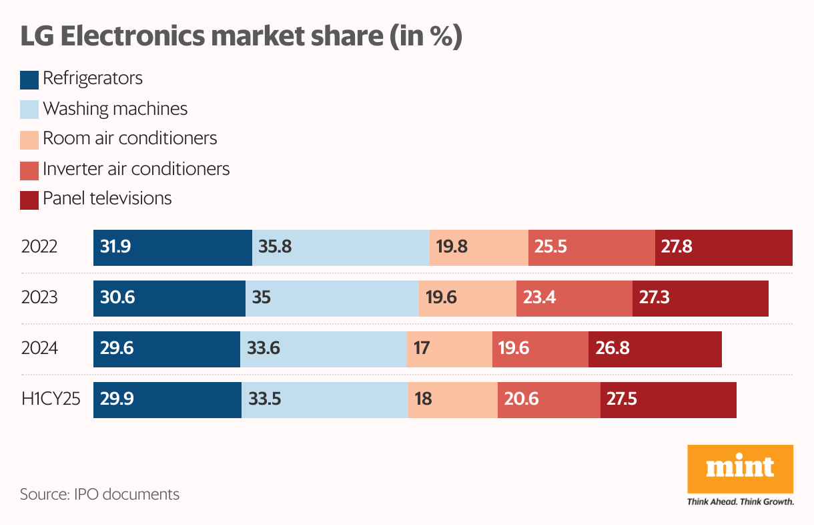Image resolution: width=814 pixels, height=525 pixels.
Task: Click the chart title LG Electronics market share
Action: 241,37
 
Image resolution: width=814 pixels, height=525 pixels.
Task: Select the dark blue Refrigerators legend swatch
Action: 29,79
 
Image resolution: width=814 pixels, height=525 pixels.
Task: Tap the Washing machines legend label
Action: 115,108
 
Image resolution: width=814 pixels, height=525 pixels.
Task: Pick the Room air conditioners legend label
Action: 129,138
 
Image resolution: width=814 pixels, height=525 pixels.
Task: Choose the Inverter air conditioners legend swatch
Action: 29,170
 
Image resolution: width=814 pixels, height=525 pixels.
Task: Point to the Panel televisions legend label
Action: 107,198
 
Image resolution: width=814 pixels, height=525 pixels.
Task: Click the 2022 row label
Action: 39,247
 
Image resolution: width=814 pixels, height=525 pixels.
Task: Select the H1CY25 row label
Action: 51,399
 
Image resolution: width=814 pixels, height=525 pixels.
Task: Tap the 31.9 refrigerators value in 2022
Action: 115,247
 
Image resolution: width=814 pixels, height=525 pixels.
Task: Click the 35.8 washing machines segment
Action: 340,247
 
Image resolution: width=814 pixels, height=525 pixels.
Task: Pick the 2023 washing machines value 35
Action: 262,298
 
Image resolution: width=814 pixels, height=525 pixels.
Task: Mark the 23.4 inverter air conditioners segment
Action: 574,298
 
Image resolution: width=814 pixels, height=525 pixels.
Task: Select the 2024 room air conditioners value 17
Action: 421,349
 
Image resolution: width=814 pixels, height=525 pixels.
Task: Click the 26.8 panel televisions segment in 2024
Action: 655,349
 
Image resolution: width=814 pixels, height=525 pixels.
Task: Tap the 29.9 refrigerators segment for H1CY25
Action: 167,399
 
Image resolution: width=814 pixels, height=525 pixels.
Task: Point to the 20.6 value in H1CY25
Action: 521,399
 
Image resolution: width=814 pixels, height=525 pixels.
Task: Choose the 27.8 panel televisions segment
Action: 723,247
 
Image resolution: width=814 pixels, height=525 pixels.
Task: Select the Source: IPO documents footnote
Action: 99,495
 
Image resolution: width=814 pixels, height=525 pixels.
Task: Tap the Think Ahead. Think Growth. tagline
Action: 740,502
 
